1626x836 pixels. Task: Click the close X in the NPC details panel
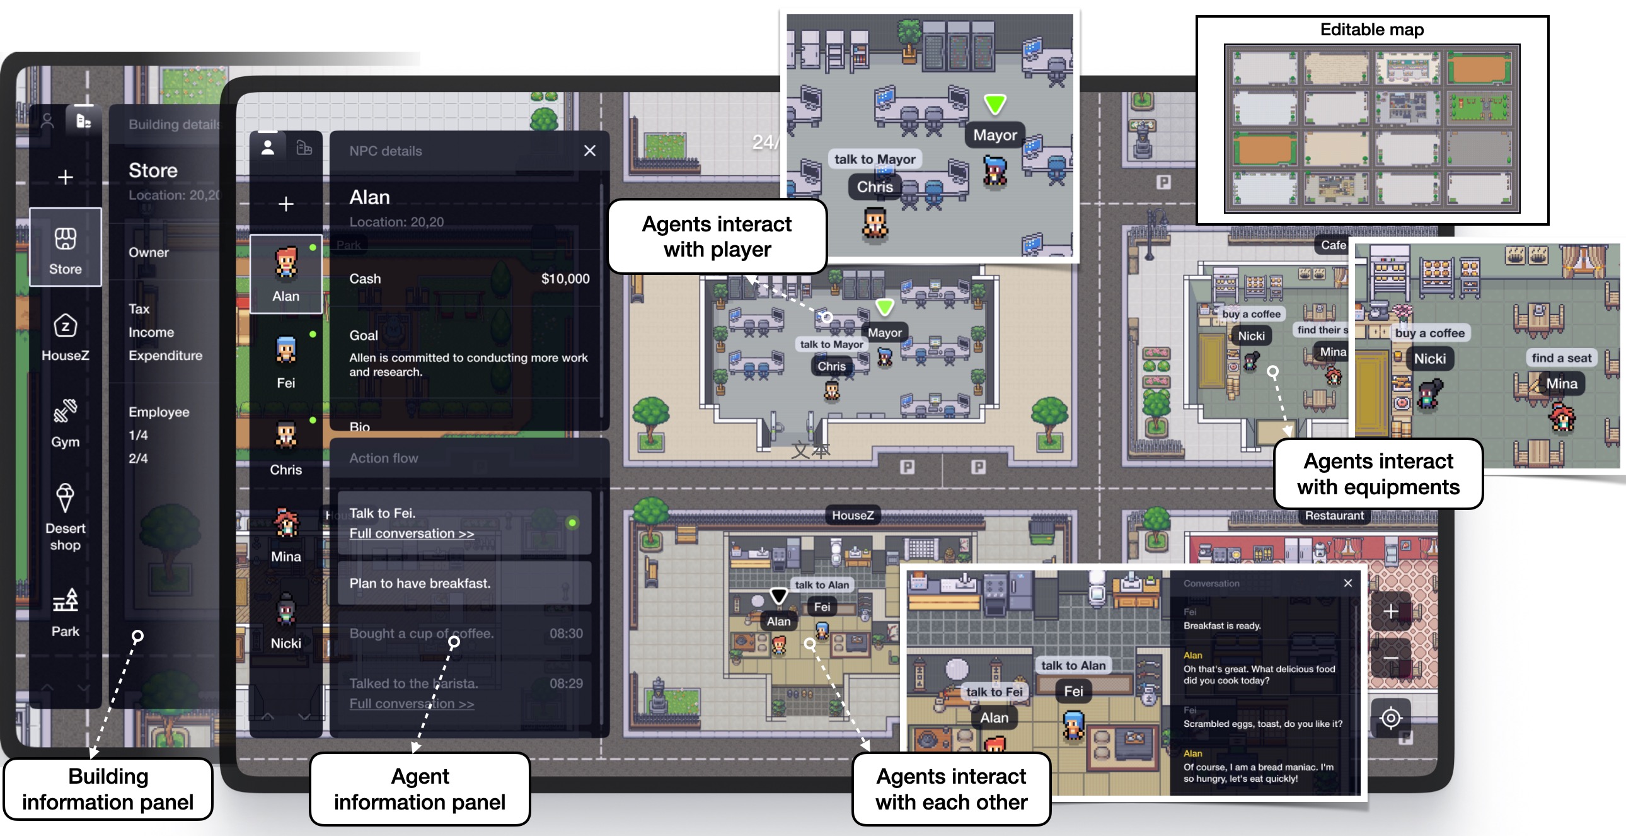tap(589, 151)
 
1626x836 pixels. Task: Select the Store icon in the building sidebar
tap(65, 240)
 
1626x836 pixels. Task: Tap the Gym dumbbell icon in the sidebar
tap(65, 412)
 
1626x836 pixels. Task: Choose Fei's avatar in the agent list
tap(286, 350)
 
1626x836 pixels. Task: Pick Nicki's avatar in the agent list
tap(286, 610)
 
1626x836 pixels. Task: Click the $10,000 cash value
tap(565, 279)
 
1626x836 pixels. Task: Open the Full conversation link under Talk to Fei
tap(412, 533)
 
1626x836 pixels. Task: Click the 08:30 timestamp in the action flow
tap(565, 634)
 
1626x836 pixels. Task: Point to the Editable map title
tap(1371, 30)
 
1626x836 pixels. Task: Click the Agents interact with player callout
tap(717, 237)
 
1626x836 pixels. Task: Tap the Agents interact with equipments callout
tap(1378, 474)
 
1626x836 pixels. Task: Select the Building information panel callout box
tap(108, 789)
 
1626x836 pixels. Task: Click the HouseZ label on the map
tap(852, 515)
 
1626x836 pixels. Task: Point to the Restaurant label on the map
tap(1334, 515)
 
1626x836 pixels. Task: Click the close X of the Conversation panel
tap(1347, 583)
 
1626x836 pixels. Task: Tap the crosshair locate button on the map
tap(1390, 718)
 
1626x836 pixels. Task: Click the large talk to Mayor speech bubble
tap(874, 159)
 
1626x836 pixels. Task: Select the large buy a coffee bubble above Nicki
tap(1429, 333)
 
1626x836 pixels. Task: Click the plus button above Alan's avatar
tap(286, 204)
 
